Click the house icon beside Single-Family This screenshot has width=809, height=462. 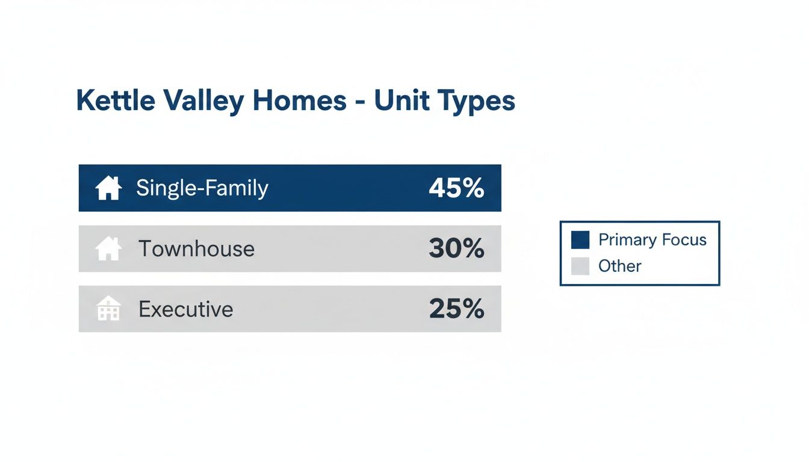108,188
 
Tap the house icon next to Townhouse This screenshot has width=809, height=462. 108,248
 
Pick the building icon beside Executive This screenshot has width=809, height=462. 108,309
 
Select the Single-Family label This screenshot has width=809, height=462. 202,188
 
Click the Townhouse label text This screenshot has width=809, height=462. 196,248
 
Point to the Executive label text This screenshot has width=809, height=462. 185,309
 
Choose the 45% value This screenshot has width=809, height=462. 456,188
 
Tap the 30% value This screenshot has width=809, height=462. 456,248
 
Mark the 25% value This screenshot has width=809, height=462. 456,309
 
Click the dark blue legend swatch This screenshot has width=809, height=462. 580,240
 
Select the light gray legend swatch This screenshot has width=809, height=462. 580,266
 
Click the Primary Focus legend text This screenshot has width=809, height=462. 652,240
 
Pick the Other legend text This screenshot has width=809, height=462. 619,266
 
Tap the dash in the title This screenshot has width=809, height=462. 360,102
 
